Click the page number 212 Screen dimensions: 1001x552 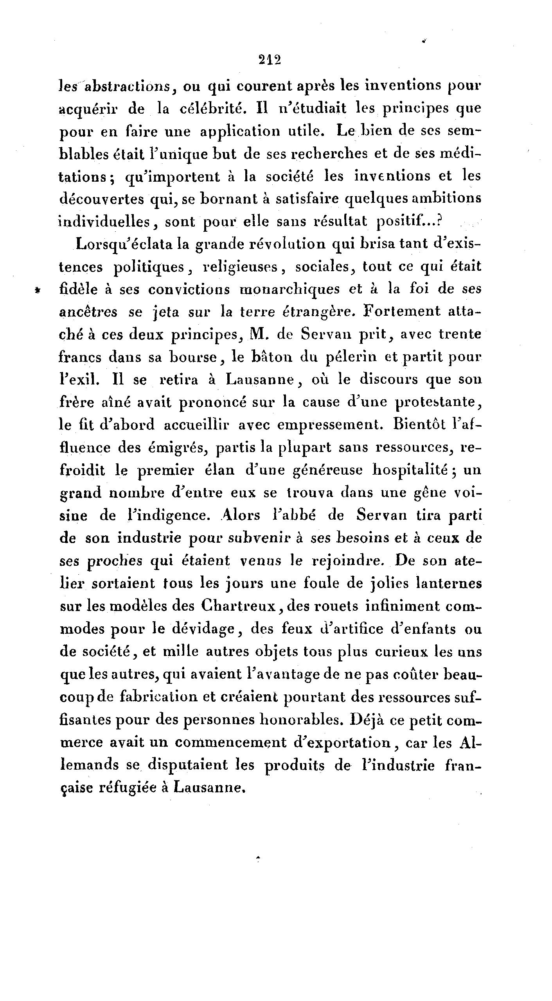(x=270, y=60)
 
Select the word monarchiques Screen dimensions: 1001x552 (x=290, y=290)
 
